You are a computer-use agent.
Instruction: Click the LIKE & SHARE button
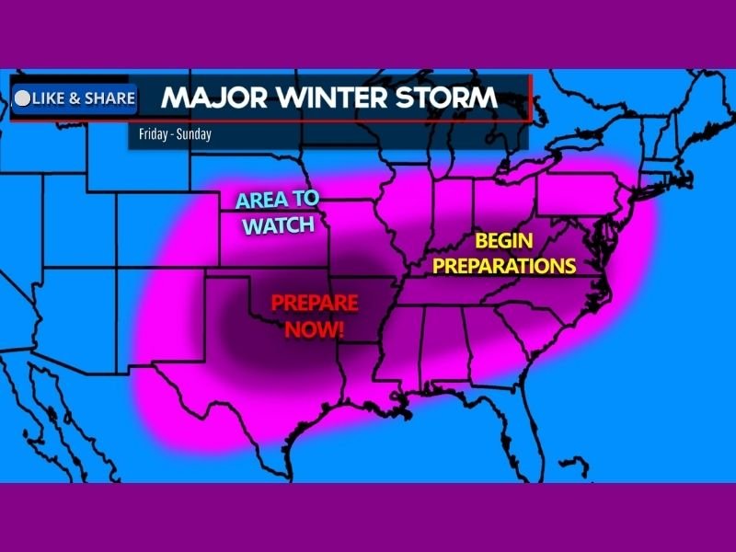pos(75,98)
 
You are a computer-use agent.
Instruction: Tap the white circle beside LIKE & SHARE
pos(23,98)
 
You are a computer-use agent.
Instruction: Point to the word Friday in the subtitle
pos(153,134)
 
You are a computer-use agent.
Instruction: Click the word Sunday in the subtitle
pos(194,134)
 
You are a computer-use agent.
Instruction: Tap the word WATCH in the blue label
pos(279,225)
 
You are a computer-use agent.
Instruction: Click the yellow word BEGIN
pos(504,243)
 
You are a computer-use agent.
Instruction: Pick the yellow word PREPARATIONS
pos(504,267)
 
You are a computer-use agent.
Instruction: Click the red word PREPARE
pos(315,303)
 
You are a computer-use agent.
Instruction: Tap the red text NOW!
pos(315,327)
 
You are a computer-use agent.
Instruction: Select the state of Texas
pos(248,368)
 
